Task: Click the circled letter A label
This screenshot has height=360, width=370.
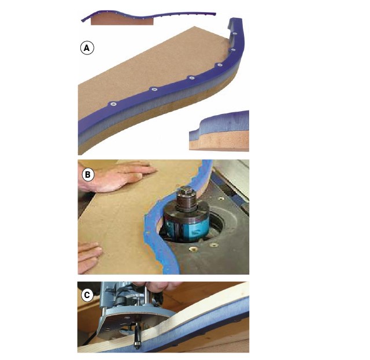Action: pos(87,48)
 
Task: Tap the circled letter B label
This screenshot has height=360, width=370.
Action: pos(88,175)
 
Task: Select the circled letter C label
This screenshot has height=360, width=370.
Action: pos(87,295)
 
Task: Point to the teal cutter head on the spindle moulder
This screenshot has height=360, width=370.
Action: pos(186,226)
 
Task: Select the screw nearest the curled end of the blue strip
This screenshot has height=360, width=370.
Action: pos(234,34)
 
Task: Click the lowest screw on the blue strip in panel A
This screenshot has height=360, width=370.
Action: pos(113,104)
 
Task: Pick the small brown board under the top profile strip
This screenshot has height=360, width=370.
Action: pos(122,20)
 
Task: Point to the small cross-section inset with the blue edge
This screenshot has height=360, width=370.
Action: pos(219,131)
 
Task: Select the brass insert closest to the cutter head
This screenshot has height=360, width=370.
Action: pos(193,249)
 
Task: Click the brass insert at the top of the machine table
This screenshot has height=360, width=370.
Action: pos(221,199)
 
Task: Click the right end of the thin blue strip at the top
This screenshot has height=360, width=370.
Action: pos(215,14)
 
